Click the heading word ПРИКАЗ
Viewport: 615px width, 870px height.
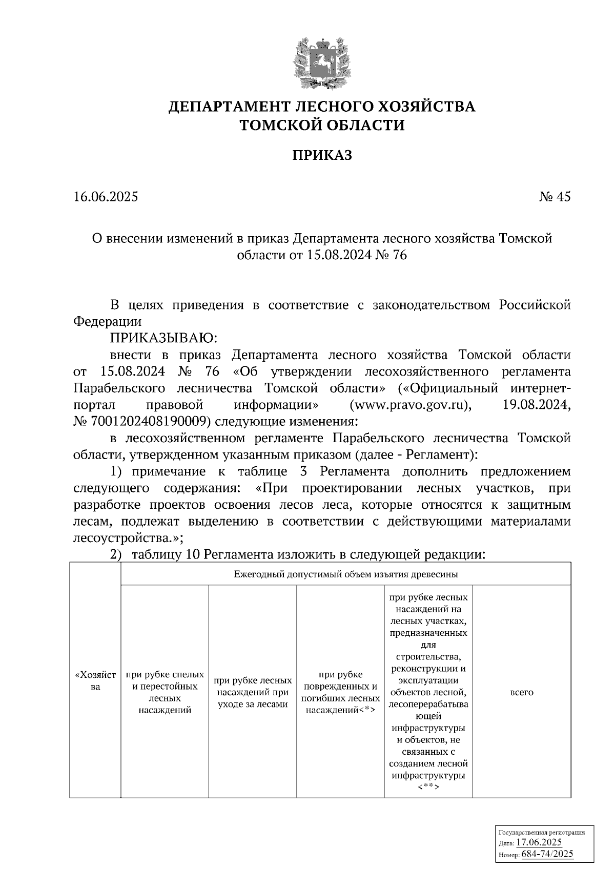pyautogui.click(x=322, y=156)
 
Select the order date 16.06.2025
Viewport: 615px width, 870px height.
pyautogui.click(x=106, y=197)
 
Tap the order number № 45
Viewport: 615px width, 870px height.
pyautogui.click(x=555, y=197)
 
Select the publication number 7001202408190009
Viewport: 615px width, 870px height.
pyautogui.click(x=148, y=422)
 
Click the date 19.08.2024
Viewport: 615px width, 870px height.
pyautogui.click(x=534, y=405)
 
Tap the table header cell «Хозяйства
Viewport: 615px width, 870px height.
pyautogui.click(x=95, y=680)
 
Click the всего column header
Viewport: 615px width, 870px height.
pyautogui.click(x=522, y=692)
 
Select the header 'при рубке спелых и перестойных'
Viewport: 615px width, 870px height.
pyautogui.click(x=165, y=692)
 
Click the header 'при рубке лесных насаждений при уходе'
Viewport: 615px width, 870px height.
pyautogui.click(x=253, y=692)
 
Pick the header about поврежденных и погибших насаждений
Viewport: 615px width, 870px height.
pyautogui.click(x=341, y=692)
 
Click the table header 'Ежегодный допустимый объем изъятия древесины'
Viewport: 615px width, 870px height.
pyautogui.click(x=345, y=574)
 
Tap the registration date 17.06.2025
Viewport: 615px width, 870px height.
pyautogui.click(x=539, y=843)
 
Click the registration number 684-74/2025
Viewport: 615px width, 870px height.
pyautogui.click(x=547, y=854)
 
